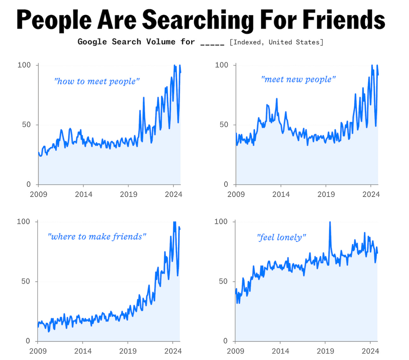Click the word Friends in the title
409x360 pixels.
344,20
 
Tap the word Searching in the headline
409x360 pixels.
198,20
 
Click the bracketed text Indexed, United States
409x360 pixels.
276,42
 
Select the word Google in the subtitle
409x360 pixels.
92,42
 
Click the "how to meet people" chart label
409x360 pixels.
97,81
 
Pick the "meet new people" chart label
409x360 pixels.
298,79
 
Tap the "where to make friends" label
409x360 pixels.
97,237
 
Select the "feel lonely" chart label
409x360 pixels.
282,237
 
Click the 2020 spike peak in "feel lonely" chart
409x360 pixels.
330,222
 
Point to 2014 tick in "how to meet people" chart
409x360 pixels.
84,194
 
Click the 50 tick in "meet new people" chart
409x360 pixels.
223,124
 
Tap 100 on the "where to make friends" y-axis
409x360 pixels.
23,222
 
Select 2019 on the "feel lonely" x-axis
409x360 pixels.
325,351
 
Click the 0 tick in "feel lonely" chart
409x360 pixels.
225,341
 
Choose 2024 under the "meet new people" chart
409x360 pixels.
371,194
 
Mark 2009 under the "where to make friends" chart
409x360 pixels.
38,351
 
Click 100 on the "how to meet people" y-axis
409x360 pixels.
24,65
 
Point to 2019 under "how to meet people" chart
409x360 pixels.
128,194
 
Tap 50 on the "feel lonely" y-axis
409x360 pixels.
223,281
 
